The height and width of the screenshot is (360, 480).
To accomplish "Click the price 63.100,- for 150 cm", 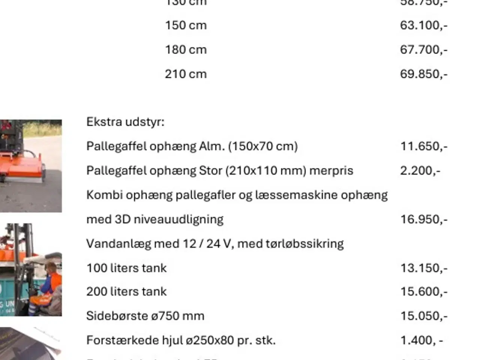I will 423,25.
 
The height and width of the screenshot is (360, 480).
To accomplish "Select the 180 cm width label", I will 186,50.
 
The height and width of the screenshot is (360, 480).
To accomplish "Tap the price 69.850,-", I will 423,74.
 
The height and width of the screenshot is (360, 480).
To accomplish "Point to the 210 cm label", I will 186,74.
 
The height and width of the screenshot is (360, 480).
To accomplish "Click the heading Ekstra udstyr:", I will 125,122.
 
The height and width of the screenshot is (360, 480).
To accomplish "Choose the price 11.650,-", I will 423,146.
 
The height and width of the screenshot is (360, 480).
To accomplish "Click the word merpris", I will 331,171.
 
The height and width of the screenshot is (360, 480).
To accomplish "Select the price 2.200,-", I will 420,171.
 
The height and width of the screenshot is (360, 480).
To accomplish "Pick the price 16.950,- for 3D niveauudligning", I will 423,219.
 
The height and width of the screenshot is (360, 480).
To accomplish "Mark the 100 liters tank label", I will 126,268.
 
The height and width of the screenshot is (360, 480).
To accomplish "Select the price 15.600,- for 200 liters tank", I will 423,292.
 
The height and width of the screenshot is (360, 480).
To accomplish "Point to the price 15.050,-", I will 423,316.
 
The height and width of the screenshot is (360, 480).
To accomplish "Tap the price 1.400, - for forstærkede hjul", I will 421,340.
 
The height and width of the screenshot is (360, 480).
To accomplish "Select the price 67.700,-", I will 423,50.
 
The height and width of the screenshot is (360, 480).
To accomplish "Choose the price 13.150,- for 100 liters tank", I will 423,268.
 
